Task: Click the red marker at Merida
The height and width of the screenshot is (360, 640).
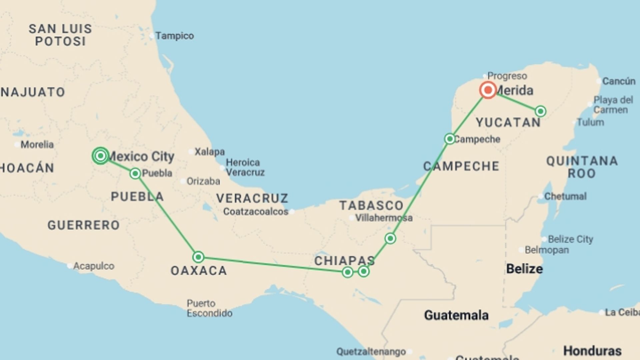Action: tap(488, 90)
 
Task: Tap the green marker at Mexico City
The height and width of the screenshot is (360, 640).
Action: tap(100, 156)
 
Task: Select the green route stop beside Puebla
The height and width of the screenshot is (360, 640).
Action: tap(135, 173)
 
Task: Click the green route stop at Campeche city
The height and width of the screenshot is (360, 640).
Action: tap(450, 139)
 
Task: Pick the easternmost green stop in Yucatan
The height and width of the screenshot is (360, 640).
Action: tap(540, 111)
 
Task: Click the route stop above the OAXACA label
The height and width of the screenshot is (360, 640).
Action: tap(198, 257)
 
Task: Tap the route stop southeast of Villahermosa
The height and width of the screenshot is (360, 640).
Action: tap(390, 238)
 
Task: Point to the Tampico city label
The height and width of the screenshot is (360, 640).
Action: tap(174, 36)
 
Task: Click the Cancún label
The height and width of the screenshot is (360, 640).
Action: tap(619, 81)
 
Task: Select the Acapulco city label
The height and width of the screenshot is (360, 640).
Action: tap(94, 266)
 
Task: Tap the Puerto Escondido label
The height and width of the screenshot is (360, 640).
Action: tap(209, 308)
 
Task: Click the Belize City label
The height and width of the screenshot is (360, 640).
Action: tap(570, 239)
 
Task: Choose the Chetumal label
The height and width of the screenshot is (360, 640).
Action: tap(565, 196)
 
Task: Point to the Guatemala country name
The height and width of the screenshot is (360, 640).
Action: tap(456, 315)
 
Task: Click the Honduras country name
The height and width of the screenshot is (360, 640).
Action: tap(592, 351)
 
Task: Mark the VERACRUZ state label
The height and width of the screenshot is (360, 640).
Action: tap(252, 198)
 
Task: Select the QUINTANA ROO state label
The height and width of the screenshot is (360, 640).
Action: tap(582, 167)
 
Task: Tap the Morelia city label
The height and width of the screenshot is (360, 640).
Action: tap(37, 145)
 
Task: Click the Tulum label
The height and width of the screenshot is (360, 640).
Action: tap(590, 122)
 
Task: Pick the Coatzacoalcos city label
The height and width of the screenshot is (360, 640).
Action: tap(256, 212)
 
